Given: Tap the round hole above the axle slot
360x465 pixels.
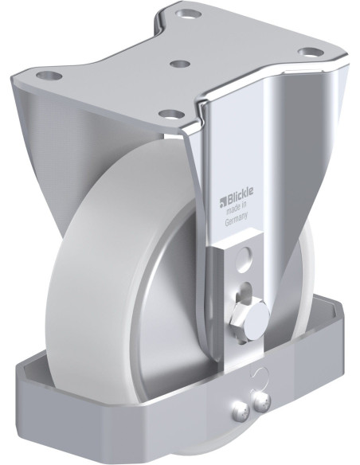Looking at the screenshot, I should click(245, 256).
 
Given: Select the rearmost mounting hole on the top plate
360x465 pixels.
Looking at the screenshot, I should click(190, 14).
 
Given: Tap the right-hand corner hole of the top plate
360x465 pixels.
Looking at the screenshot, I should click(307, 53).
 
